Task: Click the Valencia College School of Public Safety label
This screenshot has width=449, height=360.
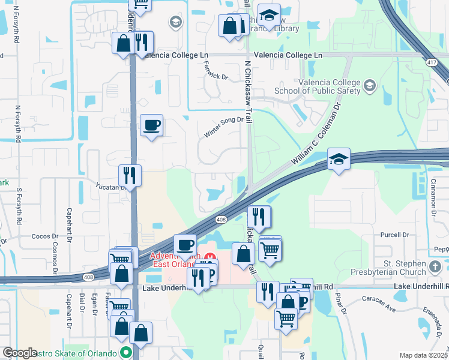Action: coord(318,86)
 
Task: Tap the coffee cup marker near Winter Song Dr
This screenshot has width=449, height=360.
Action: coord(151,125)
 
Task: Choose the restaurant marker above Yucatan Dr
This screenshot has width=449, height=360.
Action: coord(130,175)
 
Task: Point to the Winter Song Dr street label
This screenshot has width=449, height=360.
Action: coord(224,127)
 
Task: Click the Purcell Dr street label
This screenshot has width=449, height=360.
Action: coord(394,235)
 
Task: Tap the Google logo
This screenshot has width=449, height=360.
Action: coord(20,353)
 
